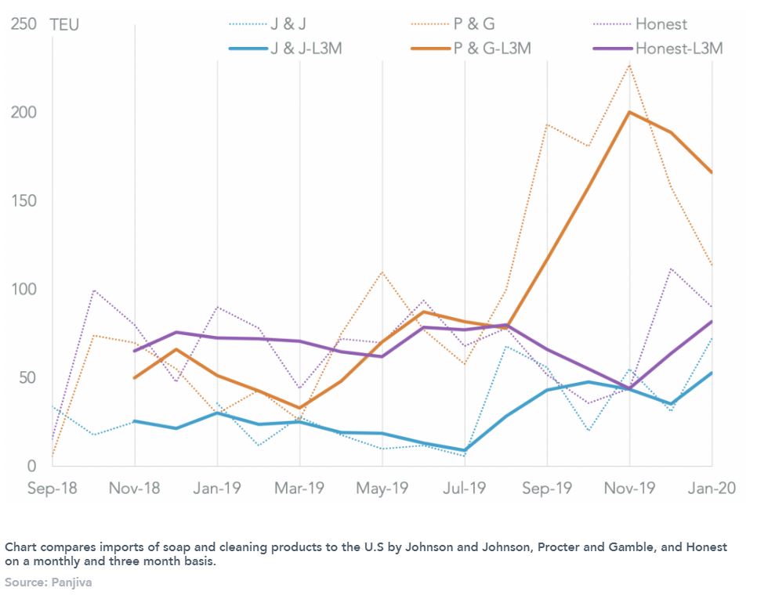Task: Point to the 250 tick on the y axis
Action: [x=24, y=25]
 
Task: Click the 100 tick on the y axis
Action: [x=24, y=290]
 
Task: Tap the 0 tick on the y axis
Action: [x=31, y=467]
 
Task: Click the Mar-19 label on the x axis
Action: [x=299, y=489]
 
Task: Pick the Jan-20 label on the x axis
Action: [x=712, y=489]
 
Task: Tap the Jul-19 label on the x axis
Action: [x=465, y=489]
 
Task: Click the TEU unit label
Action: [x=64, y=25]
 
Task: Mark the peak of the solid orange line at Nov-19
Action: [x=629, y=112]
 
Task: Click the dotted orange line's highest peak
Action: [x=629, y=65]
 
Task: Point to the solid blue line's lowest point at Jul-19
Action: [x=465, y=451]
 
